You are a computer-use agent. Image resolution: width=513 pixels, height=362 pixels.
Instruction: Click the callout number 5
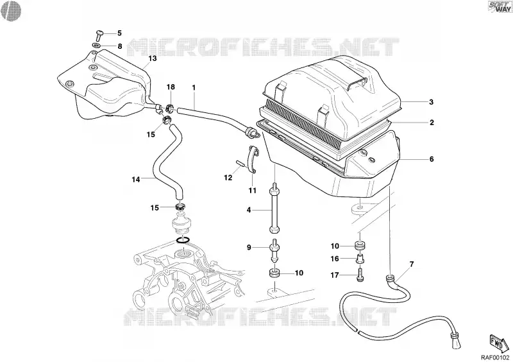[119, 33]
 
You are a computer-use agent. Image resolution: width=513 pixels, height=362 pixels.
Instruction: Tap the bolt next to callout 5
[99, 35]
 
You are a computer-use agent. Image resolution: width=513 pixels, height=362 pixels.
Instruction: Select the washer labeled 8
[97, 45]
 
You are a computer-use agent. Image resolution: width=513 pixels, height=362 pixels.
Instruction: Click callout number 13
[153, 58]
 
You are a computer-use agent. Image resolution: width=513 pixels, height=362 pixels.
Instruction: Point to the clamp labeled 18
[170, 107]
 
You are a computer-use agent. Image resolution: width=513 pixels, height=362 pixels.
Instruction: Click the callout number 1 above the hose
[194, 87]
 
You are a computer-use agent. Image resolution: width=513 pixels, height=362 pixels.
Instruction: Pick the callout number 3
[431, 102]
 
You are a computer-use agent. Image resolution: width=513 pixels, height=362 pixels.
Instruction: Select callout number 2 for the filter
[432, 123]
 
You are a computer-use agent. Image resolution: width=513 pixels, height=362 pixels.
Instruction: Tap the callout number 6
[432, 159]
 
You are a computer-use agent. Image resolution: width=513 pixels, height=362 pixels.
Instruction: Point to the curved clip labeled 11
[252, 160]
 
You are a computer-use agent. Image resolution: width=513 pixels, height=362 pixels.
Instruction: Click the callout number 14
[136, 180]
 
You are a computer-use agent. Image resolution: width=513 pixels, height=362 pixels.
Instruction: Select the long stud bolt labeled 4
[274, 209]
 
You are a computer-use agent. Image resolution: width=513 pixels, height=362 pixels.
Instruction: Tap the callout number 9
[249, 247]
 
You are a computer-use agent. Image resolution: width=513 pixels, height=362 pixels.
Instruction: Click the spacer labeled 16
[360, 259]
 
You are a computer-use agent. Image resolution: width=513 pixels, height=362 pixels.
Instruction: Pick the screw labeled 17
[359, 275]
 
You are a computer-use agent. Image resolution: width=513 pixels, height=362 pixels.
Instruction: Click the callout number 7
[411, 264]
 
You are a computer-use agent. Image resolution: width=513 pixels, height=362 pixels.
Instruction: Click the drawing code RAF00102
[495, 357]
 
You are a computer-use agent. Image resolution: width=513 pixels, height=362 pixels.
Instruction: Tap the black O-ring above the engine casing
[183, 240]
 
